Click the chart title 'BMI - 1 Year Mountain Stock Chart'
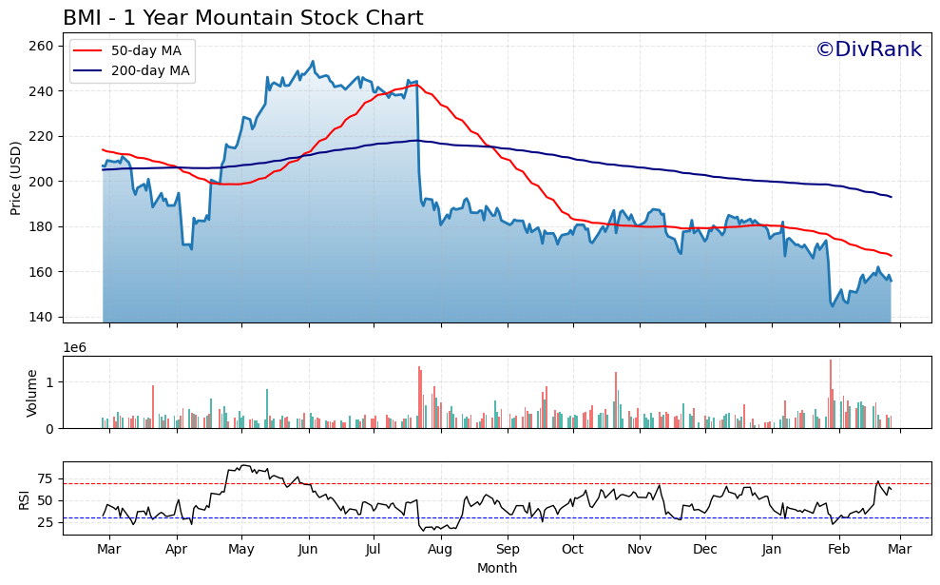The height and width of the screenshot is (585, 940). pyautogui.click(x=242, y=18)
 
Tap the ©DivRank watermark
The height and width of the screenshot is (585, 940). pyautogui.click(x=869, y=49)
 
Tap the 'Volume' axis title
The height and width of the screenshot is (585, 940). pyautogui.click(x=31, y=392)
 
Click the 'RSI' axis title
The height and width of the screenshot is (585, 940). pyautogui.click(x=25, y=499)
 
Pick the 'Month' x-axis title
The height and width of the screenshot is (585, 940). pyautogui.click(x=497, y=569)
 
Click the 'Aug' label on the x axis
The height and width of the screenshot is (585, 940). pyautogui.click(x=440, y=550)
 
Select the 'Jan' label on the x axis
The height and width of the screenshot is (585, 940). pyautogui.click(x=772, y=550)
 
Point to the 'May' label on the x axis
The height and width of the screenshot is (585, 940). pyautogui.click(x=240, y=550)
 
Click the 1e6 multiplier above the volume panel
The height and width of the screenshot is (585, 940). pyautogui.click(x=75, y=347)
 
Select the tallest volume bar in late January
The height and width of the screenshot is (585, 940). pyautogui.click(x=830, y=394)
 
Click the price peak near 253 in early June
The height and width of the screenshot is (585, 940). pyautogui.click(x=313, y=62)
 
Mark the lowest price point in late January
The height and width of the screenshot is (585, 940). pyautogui.click(x=832, y=305)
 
